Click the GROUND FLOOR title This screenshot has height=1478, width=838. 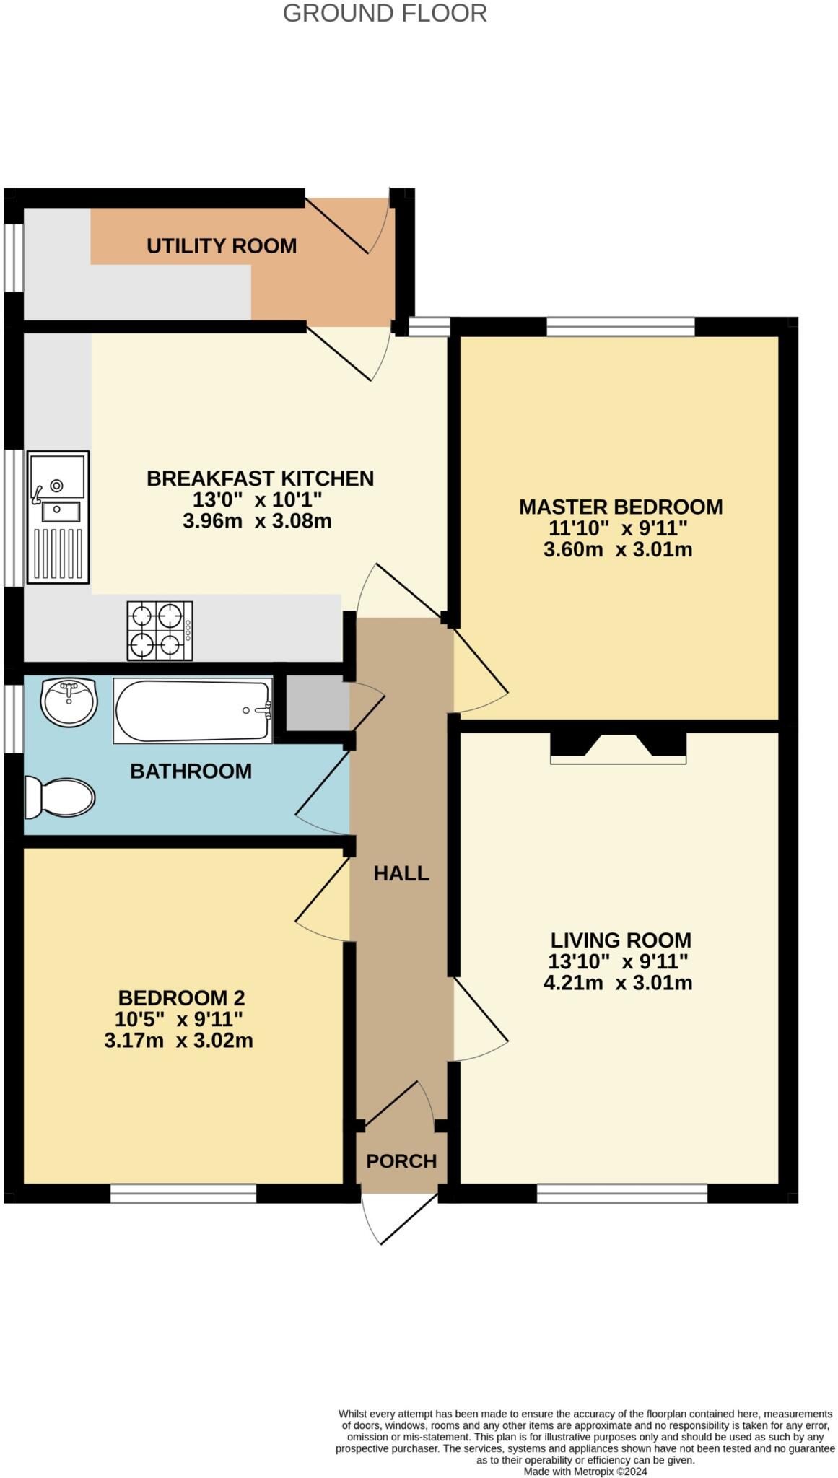384,13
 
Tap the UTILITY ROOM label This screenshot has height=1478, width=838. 222,246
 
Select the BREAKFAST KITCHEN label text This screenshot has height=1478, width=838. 260,478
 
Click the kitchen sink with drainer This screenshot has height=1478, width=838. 58,517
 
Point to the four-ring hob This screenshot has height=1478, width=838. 160,631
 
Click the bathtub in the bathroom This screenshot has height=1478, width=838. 193,711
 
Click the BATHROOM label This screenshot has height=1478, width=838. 191,771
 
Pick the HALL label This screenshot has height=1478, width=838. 401,874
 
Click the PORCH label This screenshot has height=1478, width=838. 401,1161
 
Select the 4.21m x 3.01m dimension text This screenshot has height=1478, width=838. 618,983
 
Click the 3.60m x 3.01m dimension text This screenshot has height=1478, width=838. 618,550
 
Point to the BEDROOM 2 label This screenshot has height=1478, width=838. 181,998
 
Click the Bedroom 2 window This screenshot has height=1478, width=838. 183,1194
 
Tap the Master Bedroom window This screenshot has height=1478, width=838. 621,327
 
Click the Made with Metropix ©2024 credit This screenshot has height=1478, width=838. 585,1471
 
